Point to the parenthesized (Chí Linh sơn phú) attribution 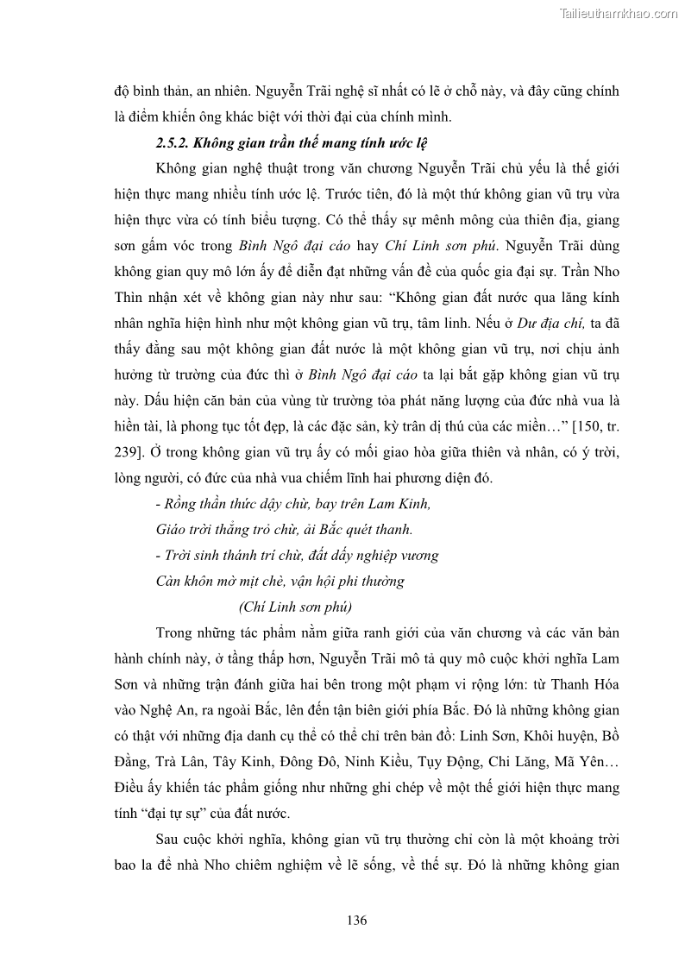[294, 606]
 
